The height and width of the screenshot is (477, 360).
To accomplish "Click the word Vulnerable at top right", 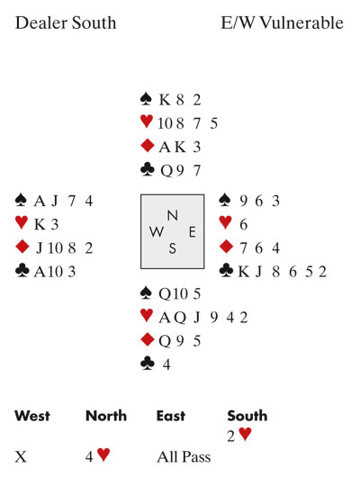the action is tap(301, 22).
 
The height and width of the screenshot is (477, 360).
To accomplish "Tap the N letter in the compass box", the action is tap(173, 215).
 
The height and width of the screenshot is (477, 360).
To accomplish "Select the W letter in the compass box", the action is tap(157, 232).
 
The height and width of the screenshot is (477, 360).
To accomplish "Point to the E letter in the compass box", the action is tap(192, 232).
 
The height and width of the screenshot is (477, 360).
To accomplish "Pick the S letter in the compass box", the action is tap(173, 248).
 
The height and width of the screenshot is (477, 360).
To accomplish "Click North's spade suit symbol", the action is tap(146, 99).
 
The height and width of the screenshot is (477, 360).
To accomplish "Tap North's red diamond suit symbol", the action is tap(148, 146).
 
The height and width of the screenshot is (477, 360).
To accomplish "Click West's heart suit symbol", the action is tap(22, 222).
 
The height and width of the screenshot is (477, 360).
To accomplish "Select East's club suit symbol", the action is tap(226, 270).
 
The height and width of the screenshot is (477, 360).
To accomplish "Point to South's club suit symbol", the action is tap(148, 364).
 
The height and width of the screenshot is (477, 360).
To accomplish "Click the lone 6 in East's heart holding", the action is tap(243, 224).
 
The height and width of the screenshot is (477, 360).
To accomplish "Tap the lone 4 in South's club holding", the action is tap(166, 364).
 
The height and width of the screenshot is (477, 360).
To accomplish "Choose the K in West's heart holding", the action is tap(40, 224).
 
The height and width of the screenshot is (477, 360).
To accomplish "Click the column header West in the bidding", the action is tap(32, 416).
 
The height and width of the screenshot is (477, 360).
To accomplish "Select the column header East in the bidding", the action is tap(171, 416).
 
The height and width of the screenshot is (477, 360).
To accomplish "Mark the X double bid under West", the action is tap(21, 456).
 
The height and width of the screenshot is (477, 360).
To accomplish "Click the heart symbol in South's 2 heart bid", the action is tap(246, 434).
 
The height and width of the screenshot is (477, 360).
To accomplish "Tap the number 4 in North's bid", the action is tap(89, 456).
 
